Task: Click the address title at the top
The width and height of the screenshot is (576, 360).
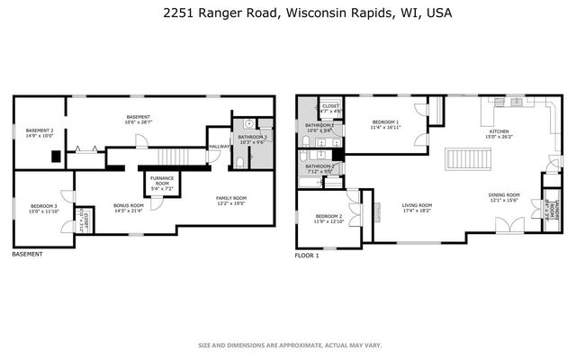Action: (289, 13)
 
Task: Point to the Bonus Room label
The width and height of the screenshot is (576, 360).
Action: (129, 207)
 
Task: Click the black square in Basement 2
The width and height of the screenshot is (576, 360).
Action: (56, 156)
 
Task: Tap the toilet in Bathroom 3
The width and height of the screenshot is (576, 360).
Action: (241, 162)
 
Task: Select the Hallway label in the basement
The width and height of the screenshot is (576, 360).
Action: (219, 147)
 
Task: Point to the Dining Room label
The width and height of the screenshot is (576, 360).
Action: (504, 197)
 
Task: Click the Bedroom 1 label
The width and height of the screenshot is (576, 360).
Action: (384, 124)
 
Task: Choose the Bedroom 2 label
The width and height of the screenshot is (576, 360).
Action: (328, 219)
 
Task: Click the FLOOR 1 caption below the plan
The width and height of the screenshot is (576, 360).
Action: (308, 256)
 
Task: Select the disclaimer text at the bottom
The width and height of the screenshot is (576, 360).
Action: (288, 345)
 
